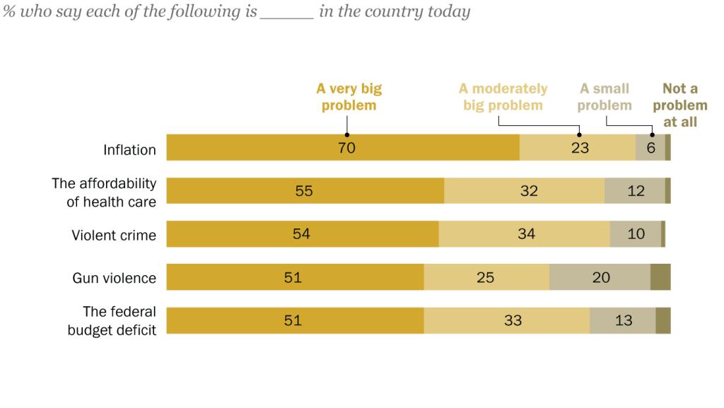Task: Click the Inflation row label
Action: click(129, 150)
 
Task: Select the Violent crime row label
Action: click(114, 235)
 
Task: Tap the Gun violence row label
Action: click(114, 278)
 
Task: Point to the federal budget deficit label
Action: click(112, 320)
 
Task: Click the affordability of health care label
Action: click(104, 192)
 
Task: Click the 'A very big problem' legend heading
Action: click(349, 97)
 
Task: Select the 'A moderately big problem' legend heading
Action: click(503, 97)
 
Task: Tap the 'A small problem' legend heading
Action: click(605, 97)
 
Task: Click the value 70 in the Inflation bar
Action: click(346, 148)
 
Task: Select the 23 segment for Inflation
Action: click(580, 148)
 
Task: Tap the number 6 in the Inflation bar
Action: click(651, 148)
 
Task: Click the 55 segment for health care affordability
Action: click(304, 192)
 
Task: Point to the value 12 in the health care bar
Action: click(636, 192)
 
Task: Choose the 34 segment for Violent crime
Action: click(526, 234)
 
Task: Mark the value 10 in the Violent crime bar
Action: click(636, 234)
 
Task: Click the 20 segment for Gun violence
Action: click(601, 277)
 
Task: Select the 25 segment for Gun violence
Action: click(485, 277)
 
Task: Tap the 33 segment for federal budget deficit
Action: click(513, 320)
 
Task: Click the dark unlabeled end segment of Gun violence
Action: click(660, 277)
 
